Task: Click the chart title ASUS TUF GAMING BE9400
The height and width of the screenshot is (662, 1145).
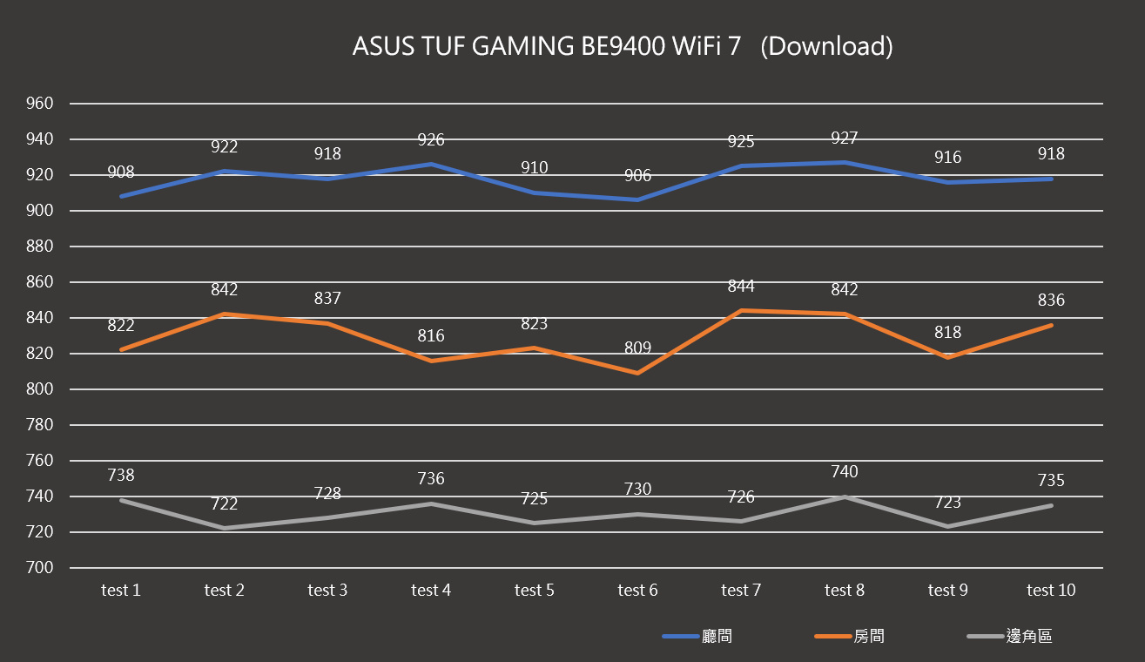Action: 622,46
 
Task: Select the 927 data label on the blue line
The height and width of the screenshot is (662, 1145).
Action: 844,138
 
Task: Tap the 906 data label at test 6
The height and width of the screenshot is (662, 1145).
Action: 637,176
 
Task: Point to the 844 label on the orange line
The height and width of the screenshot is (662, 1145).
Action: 741,287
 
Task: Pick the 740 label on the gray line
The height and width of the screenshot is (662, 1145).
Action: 844,472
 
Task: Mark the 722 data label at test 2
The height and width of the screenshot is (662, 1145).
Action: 224,504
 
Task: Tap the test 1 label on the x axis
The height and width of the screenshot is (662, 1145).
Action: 121,591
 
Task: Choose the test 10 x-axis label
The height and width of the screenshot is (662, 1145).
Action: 1051,591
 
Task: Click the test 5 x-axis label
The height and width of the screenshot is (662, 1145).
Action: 534,591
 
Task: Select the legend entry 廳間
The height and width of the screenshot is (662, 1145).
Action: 717,637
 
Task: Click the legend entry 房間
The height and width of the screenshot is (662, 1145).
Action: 869,637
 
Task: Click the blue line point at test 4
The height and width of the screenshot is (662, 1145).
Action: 431,164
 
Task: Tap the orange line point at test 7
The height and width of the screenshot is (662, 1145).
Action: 741,311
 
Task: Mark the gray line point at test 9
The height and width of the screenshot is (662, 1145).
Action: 947,526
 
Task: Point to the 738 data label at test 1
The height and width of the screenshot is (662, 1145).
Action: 121,476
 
